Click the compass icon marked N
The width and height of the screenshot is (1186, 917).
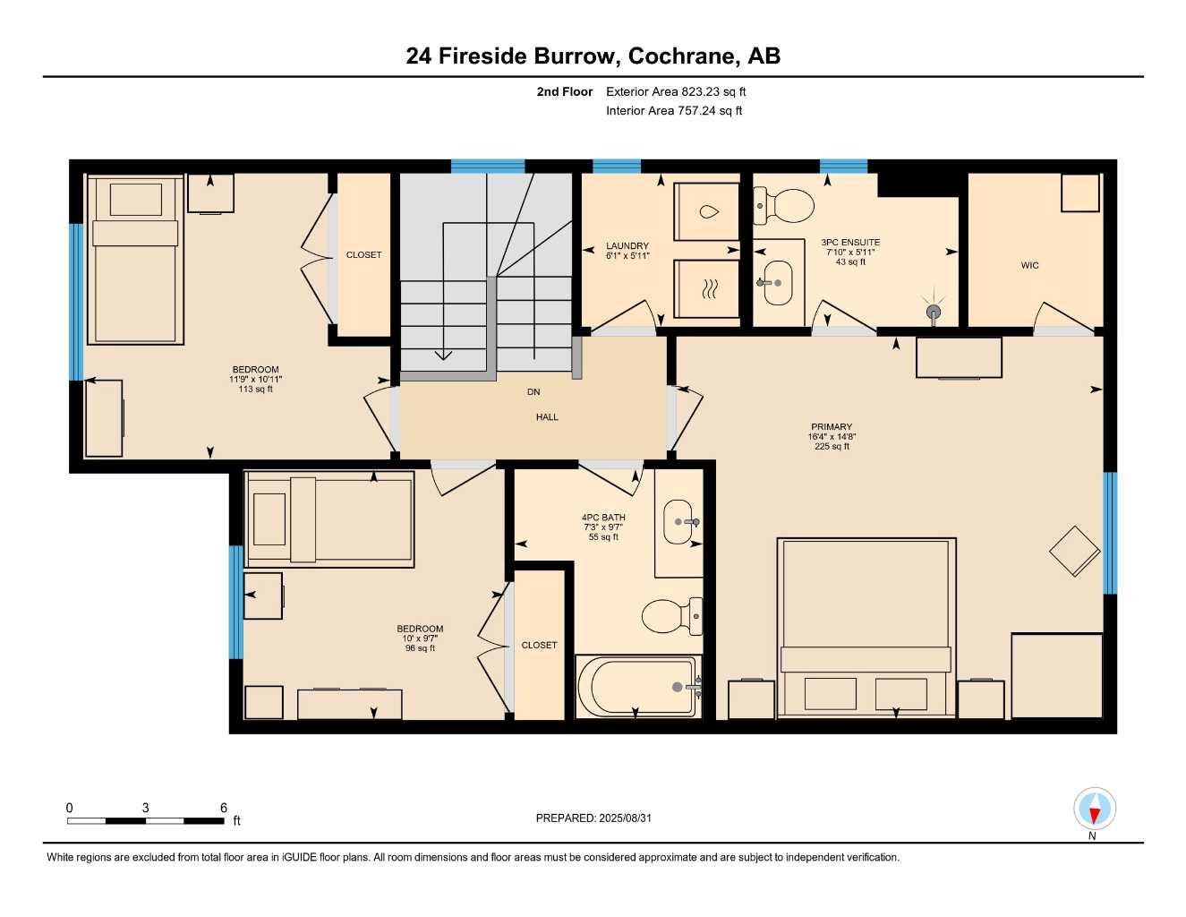tap(1094, 810)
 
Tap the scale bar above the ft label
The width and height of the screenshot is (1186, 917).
tap(145, 820)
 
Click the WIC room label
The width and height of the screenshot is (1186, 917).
tap(1029, 265)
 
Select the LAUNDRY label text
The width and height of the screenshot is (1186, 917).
tap(627, 246)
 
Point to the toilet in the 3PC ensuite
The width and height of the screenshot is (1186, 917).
tap(784, 206)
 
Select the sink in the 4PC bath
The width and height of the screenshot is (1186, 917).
tap(678, 521)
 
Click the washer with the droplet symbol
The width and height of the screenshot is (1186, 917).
tap(707, 212)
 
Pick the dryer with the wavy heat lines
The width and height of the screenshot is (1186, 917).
tap(707, 288)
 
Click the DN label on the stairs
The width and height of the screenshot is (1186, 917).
tap(533, 392)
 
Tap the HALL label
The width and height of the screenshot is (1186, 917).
tap(547, 417)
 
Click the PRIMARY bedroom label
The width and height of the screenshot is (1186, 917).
tap(832, 427)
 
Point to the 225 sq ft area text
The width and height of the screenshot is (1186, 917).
tap(832, 447)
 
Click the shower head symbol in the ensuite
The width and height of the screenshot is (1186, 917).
tap(934, 311)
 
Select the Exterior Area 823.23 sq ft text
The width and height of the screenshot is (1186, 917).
tap(676, 91)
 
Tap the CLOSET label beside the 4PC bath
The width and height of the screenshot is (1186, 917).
tap(539, 645)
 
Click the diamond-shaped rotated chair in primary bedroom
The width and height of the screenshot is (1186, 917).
tap(1074, 551)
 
